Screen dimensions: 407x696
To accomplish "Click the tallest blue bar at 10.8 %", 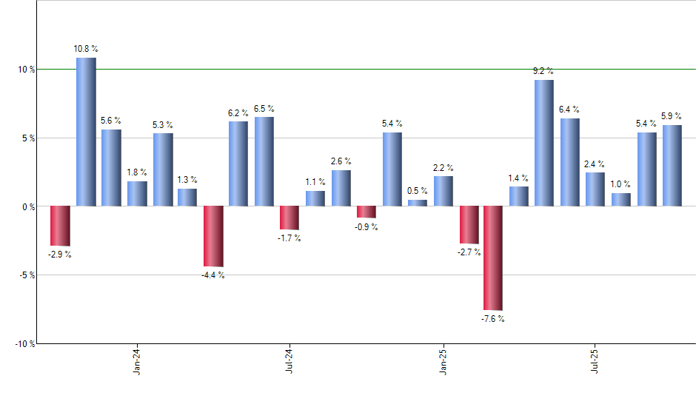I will pos(86,132).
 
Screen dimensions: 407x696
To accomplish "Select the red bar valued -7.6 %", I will pos(493,258).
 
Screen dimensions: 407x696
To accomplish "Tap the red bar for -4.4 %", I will pos(213,236).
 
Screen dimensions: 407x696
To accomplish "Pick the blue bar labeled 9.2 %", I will pos(544,143).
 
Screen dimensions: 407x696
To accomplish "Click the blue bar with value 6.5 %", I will pos(264,161).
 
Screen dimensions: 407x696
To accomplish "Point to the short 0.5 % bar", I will pos(418,203).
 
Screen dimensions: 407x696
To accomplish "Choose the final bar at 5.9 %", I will pos(672,166).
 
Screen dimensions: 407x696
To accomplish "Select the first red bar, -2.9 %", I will pos(60,226).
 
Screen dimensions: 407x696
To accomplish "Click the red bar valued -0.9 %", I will pos(367,212).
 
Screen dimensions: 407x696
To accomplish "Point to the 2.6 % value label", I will pos(341,161).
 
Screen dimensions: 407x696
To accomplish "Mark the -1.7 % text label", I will pos(288,238).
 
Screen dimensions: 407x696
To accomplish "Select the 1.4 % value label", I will pos(519,178).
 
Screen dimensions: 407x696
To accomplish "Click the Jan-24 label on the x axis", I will pos(137,360).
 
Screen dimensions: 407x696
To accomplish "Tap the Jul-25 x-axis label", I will pos(596,360).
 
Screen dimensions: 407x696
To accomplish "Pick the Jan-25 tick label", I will pos(444,360).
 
